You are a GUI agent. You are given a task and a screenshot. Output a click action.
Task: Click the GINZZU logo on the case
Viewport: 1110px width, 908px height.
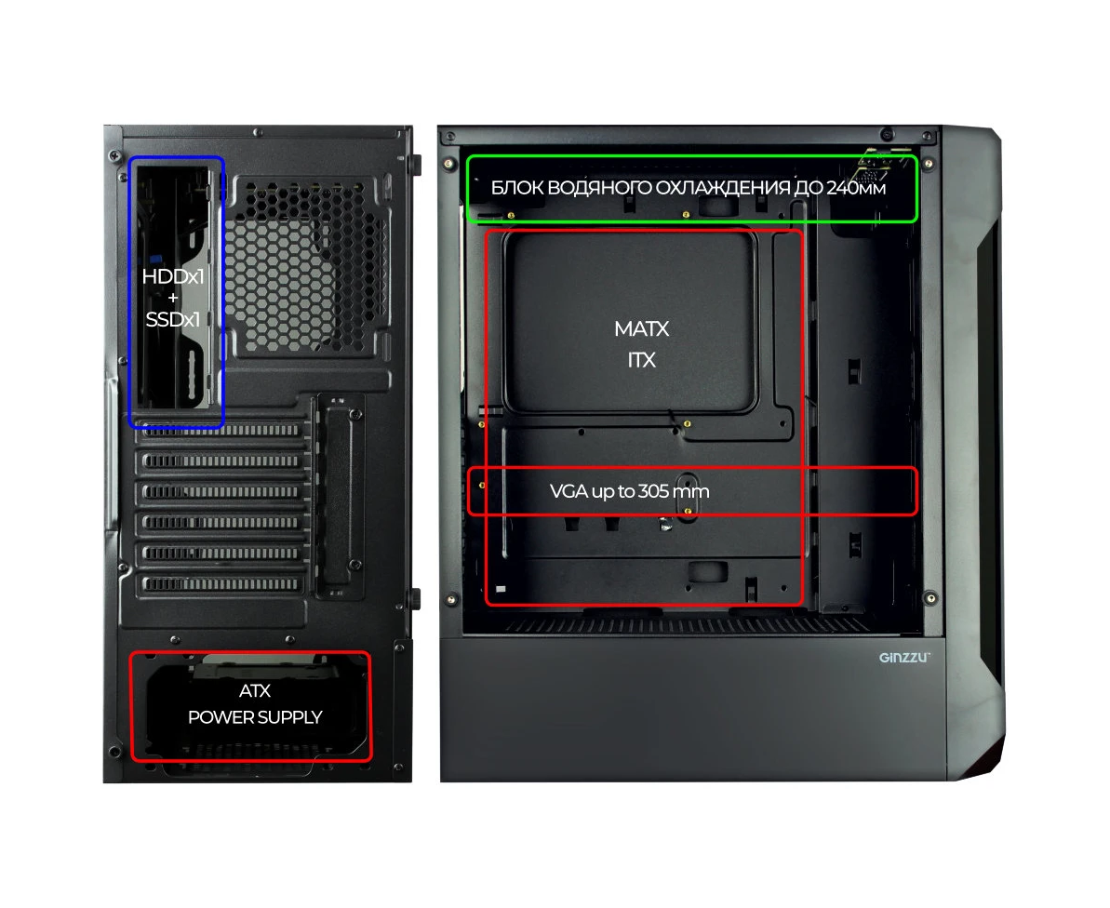tap(904, 658)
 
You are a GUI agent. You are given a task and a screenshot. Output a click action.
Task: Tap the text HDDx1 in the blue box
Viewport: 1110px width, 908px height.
tap(173, 276)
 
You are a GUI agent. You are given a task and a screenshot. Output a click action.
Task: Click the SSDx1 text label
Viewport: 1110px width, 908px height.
tap(173, 320)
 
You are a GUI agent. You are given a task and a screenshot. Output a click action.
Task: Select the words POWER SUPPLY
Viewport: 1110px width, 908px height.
tap(255, 717)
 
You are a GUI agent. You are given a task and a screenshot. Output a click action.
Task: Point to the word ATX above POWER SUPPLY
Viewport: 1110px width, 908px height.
tap(255, 690)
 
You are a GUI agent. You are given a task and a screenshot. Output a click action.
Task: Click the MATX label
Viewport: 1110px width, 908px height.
tap(641, 329)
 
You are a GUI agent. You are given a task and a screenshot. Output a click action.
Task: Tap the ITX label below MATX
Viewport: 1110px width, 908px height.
tap(641, 360)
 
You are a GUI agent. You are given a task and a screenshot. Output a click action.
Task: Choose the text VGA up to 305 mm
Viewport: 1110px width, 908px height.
tap(629, 491)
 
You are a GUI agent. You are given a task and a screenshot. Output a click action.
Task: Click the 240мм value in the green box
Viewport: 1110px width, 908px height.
tap(856, 188)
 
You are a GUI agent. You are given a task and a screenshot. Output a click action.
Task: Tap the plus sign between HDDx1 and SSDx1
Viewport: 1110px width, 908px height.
tap(173, 298)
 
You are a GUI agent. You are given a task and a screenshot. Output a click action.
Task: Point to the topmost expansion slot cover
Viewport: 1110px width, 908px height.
tap(221, 430)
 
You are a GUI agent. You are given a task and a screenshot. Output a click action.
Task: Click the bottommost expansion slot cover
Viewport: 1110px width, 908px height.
tap(221, 584)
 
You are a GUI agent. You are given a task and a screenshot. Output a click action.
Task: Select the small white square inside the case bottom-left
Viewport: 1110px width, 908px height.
tap(502, 589)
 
